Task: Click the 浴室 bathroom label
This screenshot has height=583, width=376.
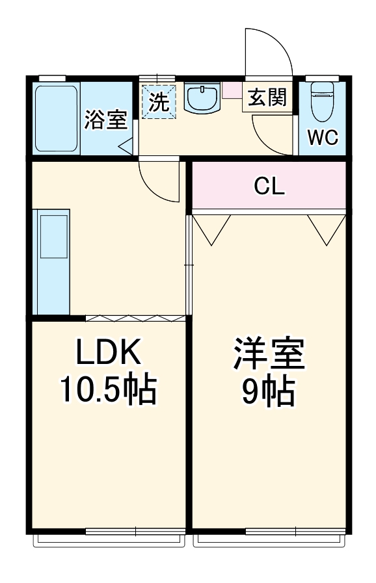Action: click(106, 120)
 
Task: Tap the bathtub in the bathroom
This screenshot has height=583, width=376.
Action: click(57, 118)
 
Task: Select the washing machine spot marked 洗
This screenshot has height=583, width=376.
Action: click(159, 101)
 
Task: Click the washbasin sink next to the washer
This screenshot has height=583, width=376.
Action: click(203, 98)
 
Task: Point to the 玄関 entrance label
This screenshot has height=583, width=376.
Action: click(267, 97)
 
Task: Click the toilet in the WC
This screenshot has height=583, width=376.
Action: click(323, 101)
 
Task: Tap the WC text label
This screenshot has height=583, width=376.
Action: click(323, 138)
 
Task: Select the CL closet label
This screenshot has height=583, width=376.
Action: click(269, 187)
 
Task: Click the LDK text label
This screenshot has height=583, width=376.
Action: click(109, 352)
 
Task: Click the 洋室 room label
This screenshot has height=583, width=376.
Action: click(269, 354)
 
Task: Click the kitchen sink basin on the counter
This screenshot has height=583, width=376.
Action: click(54, 236)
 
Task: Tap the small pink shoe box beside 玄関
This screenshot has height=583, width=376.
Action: click(232, 90)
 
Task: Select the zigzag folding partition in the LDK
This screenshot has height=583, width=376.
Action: click(135, 318)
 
